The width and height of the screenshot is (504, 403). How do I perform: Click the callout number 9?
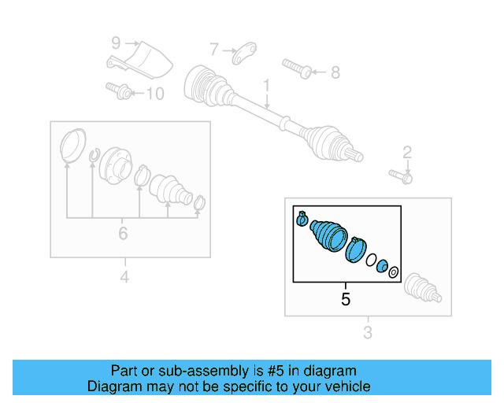[116, 43]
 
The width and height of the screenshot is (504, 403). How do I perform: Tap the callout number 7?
[214, 50]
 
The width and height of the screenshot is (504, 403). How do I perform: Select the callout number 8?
[335, 72]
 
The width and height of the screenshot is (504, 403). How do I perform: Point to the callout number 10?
[156, 94]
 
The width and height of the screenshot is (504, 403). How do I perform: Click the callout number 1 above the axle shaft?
[266, 86]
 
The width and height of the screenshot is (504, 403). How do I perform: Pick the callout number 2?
[407, 153]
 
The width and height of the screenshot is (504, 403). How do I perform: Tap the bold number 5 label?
[346, 299]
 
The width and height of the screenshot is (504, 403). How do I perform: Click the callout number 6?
[123, 233]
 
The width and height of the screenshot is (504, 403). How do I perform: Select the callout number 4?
[124, 277]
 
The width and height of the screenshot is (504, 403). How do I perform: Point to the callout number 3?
[368, 333]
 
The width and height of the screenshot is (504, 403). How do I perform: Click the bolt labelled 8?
[297, 68]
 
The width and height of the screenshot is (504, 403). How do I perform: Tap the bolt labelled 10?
[118, 91]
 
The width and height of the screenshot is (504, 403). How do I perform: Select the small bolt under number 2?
[401, 176]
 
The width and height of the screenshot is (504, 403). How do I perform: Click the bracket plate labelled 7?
[244, 53]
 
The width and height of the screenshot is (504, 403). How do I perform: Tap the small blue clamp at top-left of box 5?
[302, 219]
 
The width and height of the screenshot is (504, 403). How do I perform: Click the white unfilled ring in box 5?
[371, 260]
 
